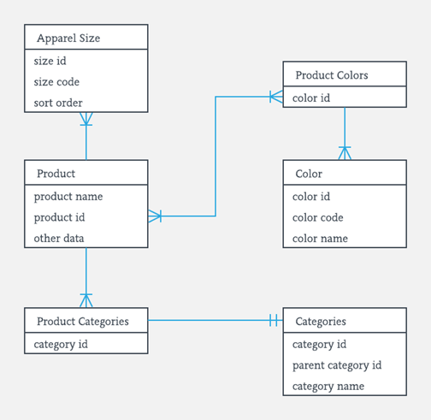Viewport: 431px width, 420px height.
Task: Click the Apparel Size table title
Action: [68, 38]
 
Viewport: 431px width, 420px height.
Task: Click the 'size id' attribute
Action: [50, 61]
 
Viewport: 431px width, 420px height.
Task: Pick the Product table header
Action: [56, 174]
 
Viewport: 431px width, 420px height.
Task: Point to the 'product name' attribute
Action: [68, 196]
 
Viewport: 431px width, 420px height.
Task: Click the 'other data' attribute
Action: [60, 238]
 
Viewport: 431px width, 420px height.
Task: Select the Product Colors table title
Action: [332, 75]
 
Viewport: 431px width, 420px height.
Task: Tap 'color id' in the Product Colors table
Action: [311, 98]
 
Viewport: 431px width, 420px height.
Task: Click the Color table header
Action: [309, 174]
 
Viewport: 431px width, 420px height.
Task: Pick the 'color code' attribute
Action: [318, 217]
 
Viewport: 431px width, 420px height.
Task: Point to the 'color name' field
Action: [320, 238]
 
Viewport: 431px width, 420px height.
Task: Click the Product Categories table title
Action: [83, 322]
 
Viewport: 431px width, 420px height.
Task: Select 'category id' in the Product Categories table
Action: [61, 345]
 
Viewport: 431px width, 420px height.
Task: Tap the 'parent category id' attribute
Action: [337, 365]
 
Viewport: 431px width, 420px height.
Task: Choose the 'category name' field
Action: [328, 386]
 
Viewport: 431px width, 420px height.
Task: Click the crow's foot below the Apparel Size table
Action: [86, 121]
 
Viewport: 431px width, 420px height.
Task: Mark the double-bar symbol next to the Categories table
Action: [273, 321]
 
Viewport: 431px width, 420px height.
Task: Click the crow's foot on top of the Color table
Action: [345, 153]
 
